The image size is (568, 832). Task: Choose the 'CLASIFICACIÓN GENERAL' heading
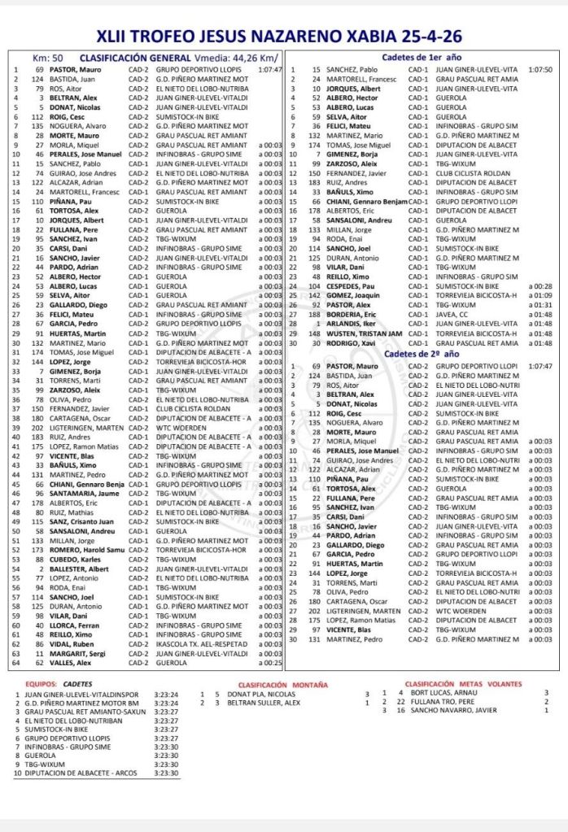tap(135, 58)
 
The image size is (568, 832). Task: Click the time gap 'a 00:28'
tap(540, 286)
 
